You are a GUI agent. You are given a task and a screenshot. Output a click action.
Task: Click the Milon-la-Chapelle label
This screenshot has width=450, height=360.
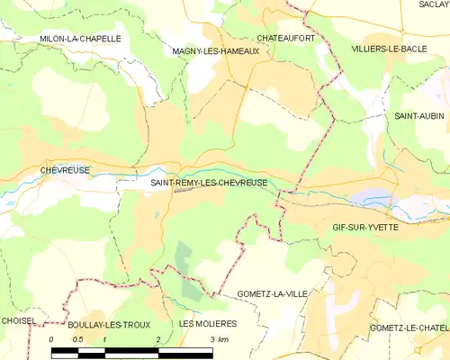point(80,39)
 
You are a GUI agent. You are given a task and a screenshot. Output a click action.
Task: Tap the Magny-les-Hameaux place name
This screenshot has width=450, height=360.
point(215,51)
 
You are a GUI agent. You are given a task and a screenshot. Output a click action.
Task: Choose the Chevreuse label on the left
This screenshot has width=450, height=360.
point(63,169)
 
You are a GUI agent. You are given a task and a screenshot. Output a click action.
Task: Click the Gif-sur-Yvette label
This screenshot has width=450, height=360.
point(364,229)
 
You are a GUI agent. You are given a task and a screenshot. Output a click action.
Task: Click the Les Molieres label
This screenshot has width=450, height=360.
point(208,323)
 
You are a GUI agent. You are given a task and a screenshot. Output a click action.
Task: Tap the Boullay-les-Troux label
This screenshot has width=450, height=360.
point(105,323)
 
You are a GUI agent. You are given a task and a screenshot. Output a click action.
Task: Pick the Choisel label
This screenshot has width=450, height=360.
point(19,320)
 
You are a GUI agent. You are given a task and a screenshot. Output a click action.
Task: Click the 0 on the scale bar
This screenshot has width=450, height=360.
point(52,338)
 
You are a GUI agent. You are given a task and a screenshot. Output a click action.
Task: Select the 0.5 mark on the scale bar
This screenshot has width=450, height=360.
point(78,338)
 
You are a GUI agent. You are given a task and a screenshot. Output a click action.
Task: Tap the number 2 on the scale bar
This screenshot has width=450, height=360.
point(158,338)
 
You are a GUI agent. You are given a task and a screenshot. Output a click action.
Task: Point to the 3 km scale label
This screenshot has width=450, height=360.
point(218,338)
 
